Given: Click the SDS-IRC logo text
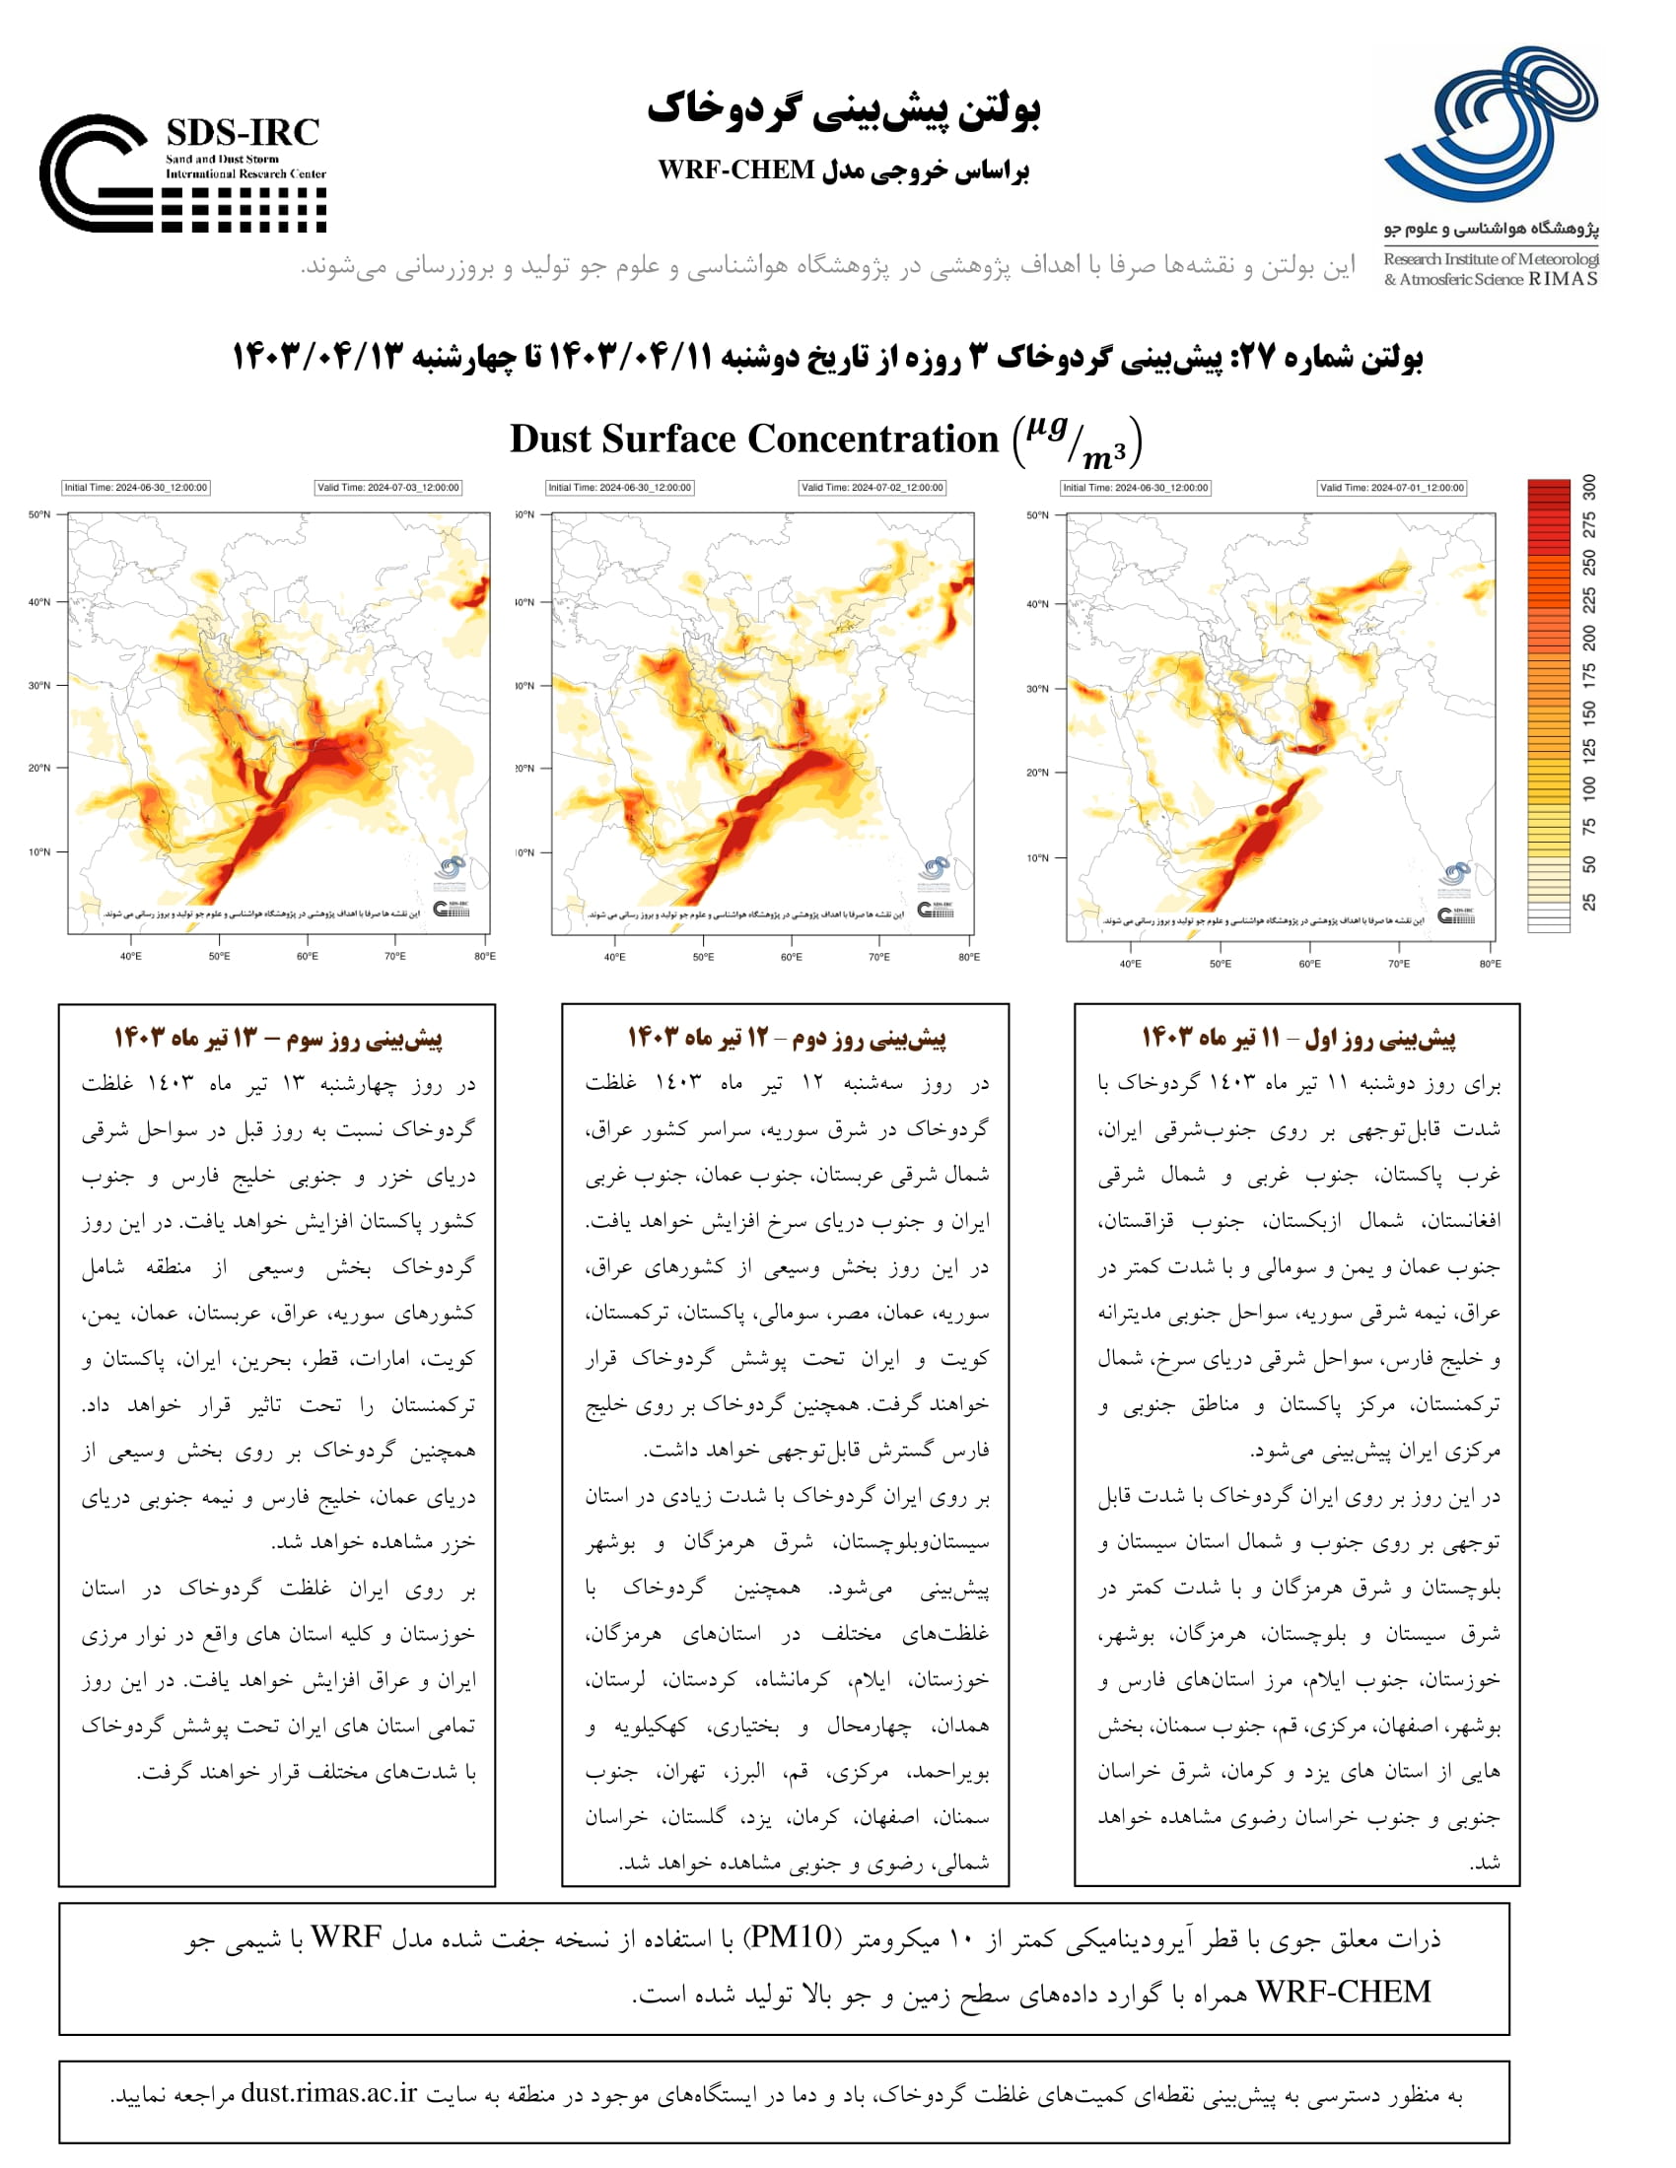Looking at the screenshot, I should pos(243,132).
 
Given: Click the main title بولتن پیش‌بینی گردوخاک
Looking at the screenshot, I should pos(843,109).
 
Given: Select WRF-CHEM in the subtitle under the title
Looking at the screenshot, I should pos(735,169).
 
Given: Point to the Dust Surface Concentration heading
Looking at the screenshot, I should pos(754,439).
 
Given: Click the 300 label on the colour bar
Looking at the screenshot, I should pos(1589,487).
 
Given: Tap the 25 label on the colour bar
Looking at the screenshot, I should pos(1589,902).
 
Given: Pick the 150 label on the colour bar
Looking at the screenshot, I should pos(1589,711).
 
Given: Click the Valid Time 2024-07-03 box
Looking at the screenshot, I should pos(388,488).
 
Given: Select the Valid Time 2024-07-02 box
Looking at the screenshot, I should pos(873,488).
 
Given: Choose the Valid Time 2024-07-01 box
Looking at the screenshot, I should pos(1391,488).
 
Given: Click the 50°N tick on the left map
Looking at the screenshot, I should pos(38,514).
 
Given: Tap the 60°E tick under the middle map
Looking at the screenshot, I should pos(791,957).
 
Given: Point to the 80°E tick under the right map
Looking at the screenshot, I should pos(1490,964).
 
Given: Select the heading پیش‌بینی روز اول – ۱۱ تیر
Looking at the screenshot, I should pos(1297,1039).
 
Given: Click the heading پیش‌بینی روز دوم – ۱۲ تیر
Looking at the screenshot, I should pos(786,1039).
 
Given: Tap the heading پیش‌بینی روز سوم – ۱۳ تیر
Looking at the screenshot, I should pos(277,1039).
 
